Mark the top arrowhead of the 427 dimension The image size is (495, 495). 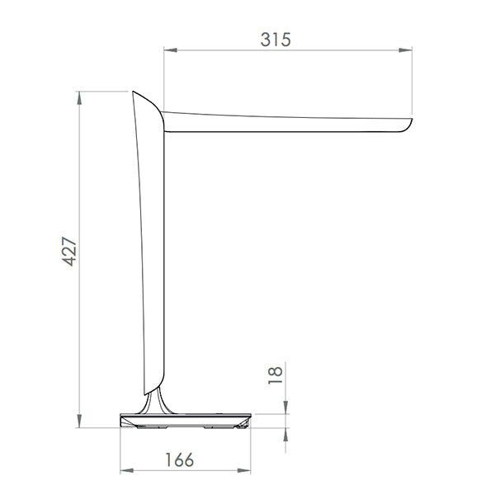point(80,97)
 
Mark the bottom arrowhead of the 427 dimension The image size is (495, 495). point(80,422)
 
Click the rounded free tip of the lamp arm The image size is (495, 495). point(408,125)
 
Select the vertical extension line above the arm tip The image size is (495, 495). point(412,82)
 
